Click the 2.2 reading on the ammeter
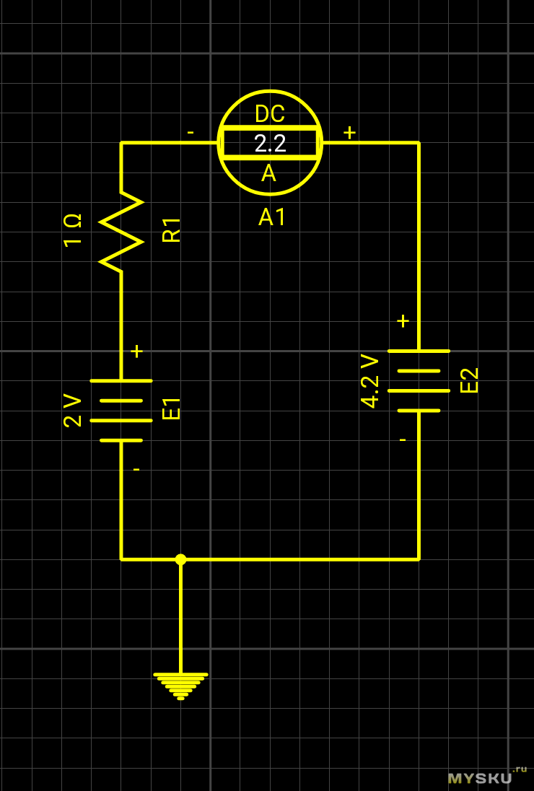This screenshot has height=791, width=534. (x=270, y=144)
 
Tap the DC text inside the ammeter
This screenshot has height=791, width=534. (x=270, y=114)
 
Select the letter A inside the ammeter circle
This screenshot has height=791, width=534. (x=268, y=173)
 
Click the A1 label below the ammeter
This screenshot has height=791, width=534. (x=273, y=217)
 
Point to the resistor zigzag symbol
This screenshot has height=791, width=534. (x=121, y=232)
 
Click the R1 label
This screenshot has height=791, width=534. (x=172, y=230)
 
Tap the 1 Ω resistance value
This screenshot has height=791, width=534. (x=73, y=230)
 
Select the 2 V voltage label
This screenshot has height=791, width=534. (x=73, y=410)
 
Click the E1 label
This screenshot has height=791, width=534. (x=172, y=408)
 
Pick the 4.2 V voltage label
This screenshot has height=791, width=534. (x=369, y=381)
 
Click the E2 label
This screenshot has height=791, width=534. (x=470, y=380)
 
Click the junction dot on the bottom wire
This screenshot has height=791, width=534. (x=180, y=559)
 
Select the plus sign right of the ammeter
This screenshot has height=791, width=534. (x=349, y=133)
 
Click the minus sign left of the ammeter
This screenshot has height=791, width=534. (x=191, y=133)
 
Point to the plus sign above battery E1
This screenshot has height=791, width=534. (x=136, y=351)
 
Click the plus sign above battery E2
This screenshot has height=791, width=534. (x=403, y=321)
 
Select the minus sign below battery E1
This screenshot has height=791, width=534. (x=136, y=469)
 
